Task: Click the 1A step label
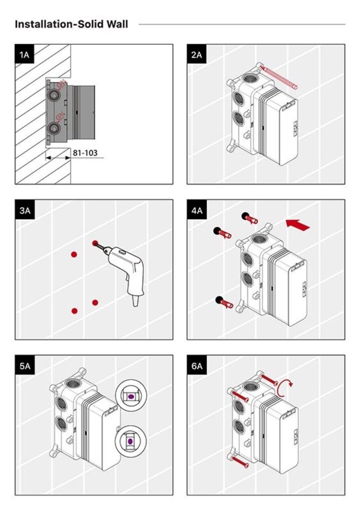click(24, 55)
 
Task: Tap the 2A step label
click(196, 55)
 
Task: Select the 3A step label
click(24, 210)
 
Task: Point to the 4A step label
click(196, 210)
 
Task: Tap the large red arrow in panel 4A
click(299, 224)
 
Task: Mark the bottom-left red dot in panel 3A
click(75, 310)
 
